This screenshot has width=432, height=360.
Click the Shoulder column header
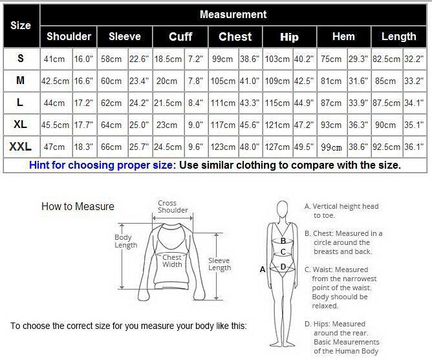click(69, 37)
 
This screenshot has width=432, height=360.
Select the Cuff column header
click(180, 37)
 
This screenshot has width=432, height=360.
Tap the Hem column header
click(343, 36)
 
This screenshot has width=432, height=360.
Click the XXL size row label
click(21, 147)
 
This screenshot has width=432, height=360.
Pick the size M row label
click(21, 80)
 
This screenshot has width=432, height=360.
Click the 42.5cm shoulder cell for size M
click(55, 81)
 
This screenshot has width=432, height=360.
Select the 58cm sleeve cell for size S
click(111, 59)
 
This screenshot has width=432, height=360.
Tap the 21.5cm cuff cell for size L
click(167, 103)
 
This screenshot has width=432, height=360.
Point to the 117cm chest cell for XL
click(223, 125)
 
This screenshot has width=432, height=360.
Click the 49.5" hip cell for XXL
click(304, 147)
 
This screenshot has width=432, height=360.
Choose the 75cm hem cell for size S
click(331, 59)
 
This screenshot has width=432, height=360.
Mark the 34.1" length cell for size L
click(414, 103)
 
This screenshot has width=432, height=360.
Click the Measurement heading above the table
click(233, 14)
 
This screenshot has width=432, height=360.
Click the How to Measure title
click(78, 206)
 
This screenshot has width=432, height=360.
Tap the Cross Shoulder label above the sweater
click(173, 207)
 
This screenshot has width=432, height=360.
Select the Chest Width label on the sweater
click(172, 261)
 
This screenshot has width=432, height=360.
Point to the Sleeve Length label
click(220, 264)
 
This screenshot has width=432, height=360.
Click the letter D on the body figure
click(283, 267)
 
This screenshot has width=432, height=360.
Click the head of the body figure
click(283, 209)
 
